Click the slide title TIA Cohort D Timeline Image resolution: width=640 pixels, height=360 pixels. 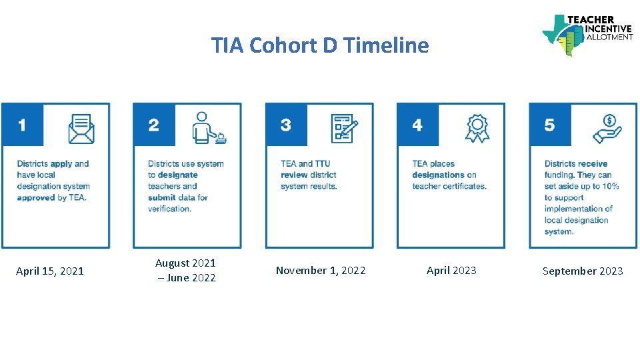click(x=320, y=45)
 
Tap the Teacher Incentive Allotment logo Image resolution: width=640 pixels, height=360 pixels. click(x=587, y=34)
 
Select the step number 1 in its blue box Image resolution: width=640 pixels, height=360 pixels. click(x=23, y=125)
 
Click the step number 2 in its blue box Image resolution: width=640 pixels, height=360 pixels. click(x=154, y=125)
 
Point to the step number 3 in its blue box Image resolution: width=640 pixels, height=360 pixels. click(x=286, y=125)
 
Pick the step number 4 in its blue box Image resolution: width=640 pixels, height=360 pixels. click(x=417, y=125)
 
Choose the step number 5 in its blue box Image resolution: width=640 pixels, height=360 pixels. click(x=549, y=125)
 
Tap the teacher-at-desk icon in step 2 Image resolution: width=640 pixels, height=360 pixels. click(x=209, y=127)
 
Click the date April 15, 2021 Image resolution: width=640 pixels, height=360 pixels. click(x=50, y=271)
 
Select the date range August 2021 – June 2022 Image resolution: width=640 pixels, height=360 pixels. click(x=185, y=271)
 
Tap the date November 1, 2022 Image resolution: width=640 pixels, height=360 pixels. click(x=321, y=271)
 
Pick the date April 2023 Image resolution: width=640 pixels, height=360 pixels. click(x=451, y=271)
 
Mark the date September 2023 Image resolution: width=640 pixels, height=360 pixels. click(x=583, y=271)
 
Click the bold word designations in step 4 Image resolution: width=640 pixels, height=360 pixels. click(x=438, y=175)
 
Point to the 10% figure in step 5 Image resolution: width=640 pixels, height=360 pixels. click(x=611, y=186)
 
